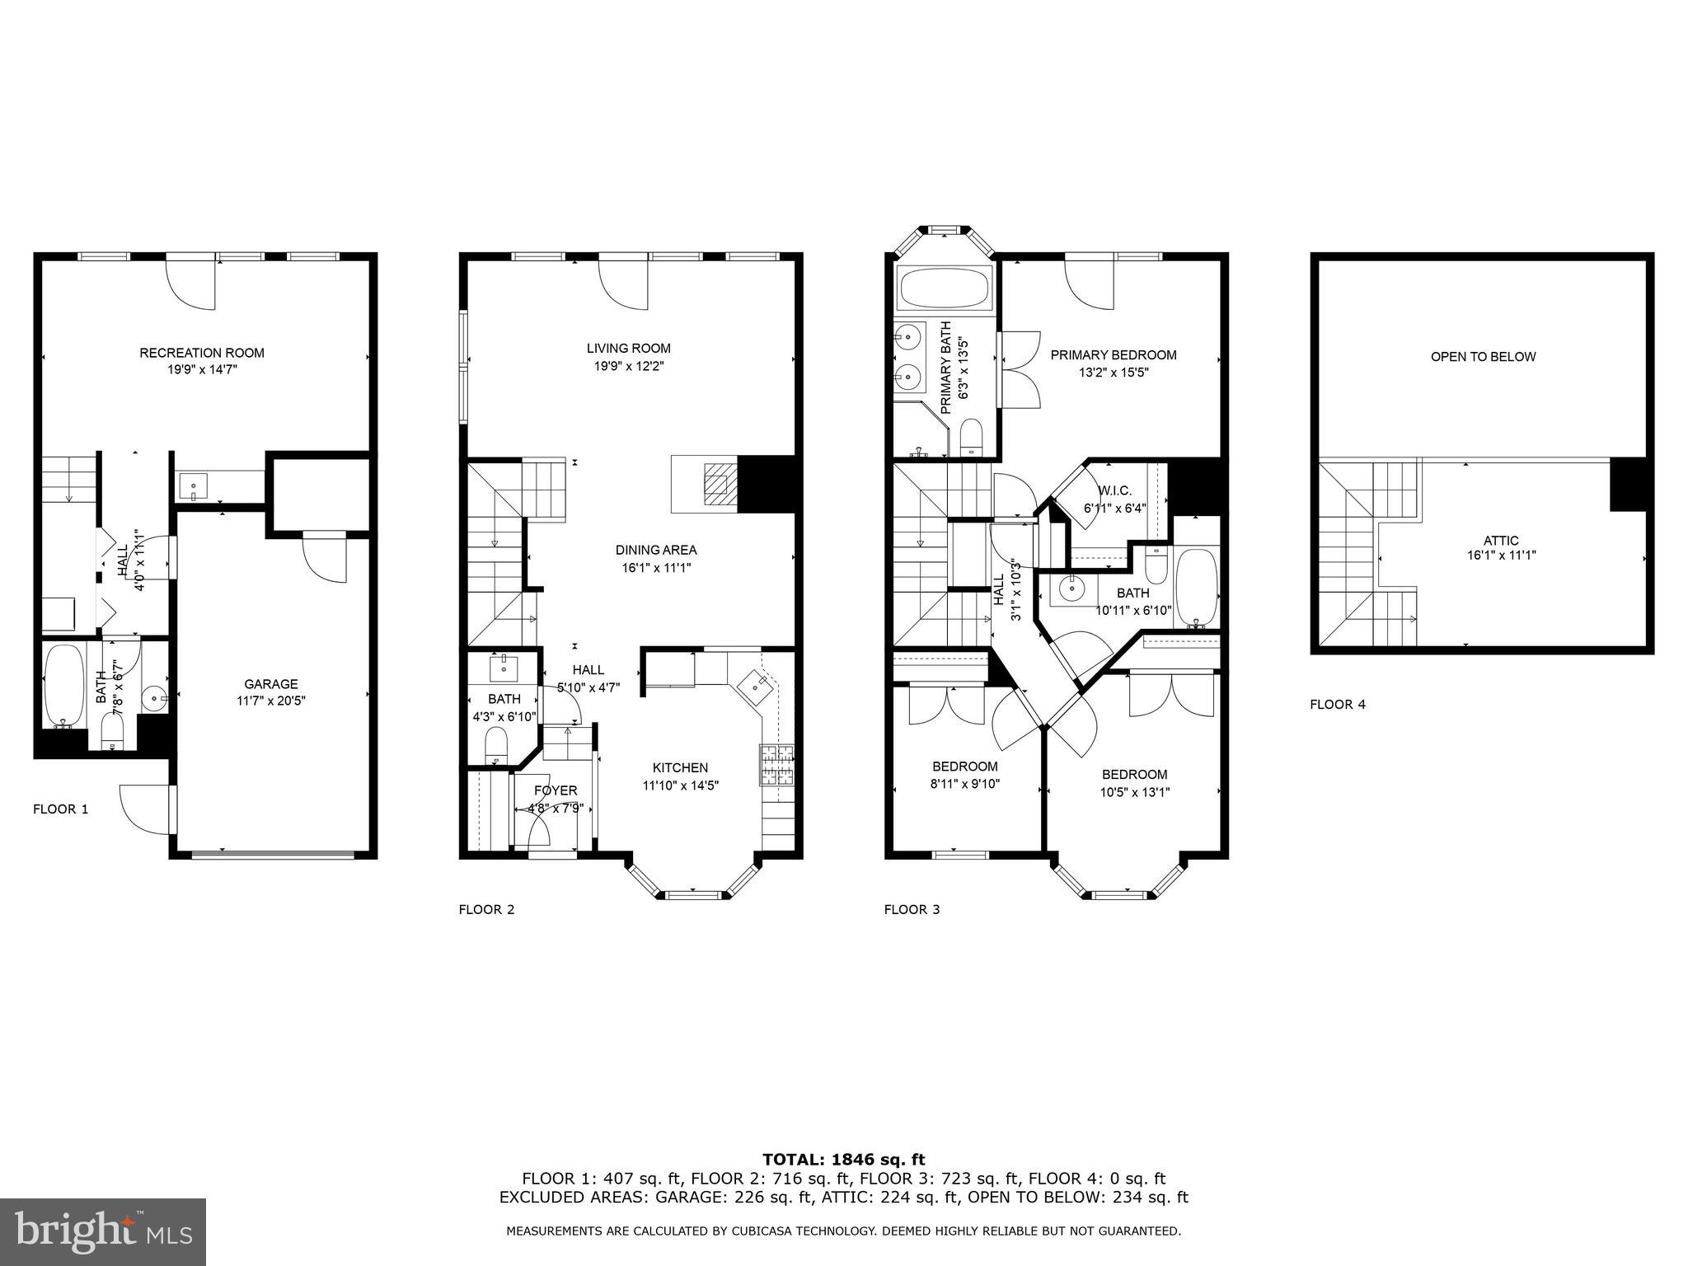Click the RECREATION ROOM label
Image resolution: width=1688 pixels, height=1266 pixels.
pyautogui.click(x=202, y=353)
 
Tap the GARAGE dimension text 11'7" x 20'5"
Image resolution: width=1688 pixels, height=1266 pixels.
pyautogui.click(x=270, y=701)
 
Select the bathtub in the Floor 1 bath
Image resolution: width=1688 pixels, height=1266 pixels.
pyautogui.click(x=63, y=685)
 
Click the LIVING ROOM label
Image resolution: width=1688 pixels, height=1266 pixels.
pyautogui.click(x=628, y=348)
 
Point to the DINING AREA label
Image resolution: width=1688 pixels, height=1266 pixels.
pyautogui.click(x=655, y=550)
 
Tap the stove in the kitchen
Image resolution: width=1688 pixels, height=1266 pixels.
pyautogui.click(x=776, y=764)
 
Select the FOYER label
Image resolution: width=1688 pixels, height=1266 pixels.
pyautogui.click(x=555, y=790)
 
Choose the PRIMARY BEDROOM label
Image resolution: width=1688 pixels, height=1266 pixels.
pyautogui.click(x=1113, y=355)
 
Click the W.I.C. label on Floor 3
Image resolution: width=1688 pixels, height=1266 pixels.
pyautogui.click(x=1114, y=490)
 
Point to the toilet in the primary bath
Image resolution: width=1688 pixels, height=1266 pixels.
pyautogui.click(x=972, y=437)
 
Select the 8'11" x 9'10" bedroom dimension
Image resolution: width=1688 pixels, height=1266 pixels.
pyautogui.click(x=964, y=784)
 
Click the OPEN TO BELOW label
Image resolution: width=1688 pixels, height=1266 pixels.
pyautogui.click(x=1483, y=357)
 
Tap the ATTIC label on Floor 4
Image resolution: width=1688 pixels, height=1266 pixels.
pyautogui.click(x=1500, y=541)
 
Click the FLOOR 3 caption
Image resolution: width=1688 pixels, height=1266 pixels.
pyautogui.click(x=912, y=910)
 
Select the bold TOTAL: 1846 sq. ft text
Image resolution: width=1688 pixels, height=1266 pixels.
pyautogui.click(x=843, y=1160)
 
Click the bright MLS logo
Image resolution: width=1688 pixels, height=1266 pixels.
pyautogui.click(x=103, y=1232)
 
